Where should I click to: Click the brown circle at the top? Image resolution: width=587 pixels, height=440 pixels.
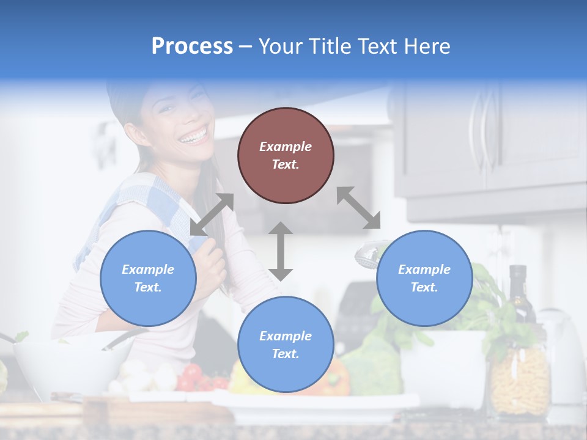point(286,155)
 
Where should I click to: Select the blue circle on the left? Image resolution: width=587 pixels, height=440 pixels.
point(148,278)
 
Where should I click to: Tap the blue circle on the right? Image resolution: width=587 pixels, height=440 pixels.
point(424,278)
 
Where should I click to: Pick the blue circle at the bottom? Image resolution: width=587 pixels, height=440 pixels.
point(286,345)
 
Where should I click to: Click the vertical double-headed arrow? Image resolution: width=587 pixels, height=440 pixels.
point(281,251)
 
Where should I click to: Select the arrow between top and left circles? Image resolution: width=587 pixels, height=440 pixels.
point(212,215)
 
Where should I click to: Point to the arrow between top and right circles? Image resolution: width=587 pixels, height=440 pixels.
point(359,208)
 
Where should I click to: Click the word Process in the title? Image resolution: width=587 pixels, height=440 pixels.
point(192,46)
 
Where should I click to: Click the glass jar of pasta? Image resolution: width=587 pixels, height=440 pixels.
point(520,379)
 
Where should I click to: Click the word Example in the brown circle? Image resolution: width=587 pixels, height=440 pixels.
point(286,147)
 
